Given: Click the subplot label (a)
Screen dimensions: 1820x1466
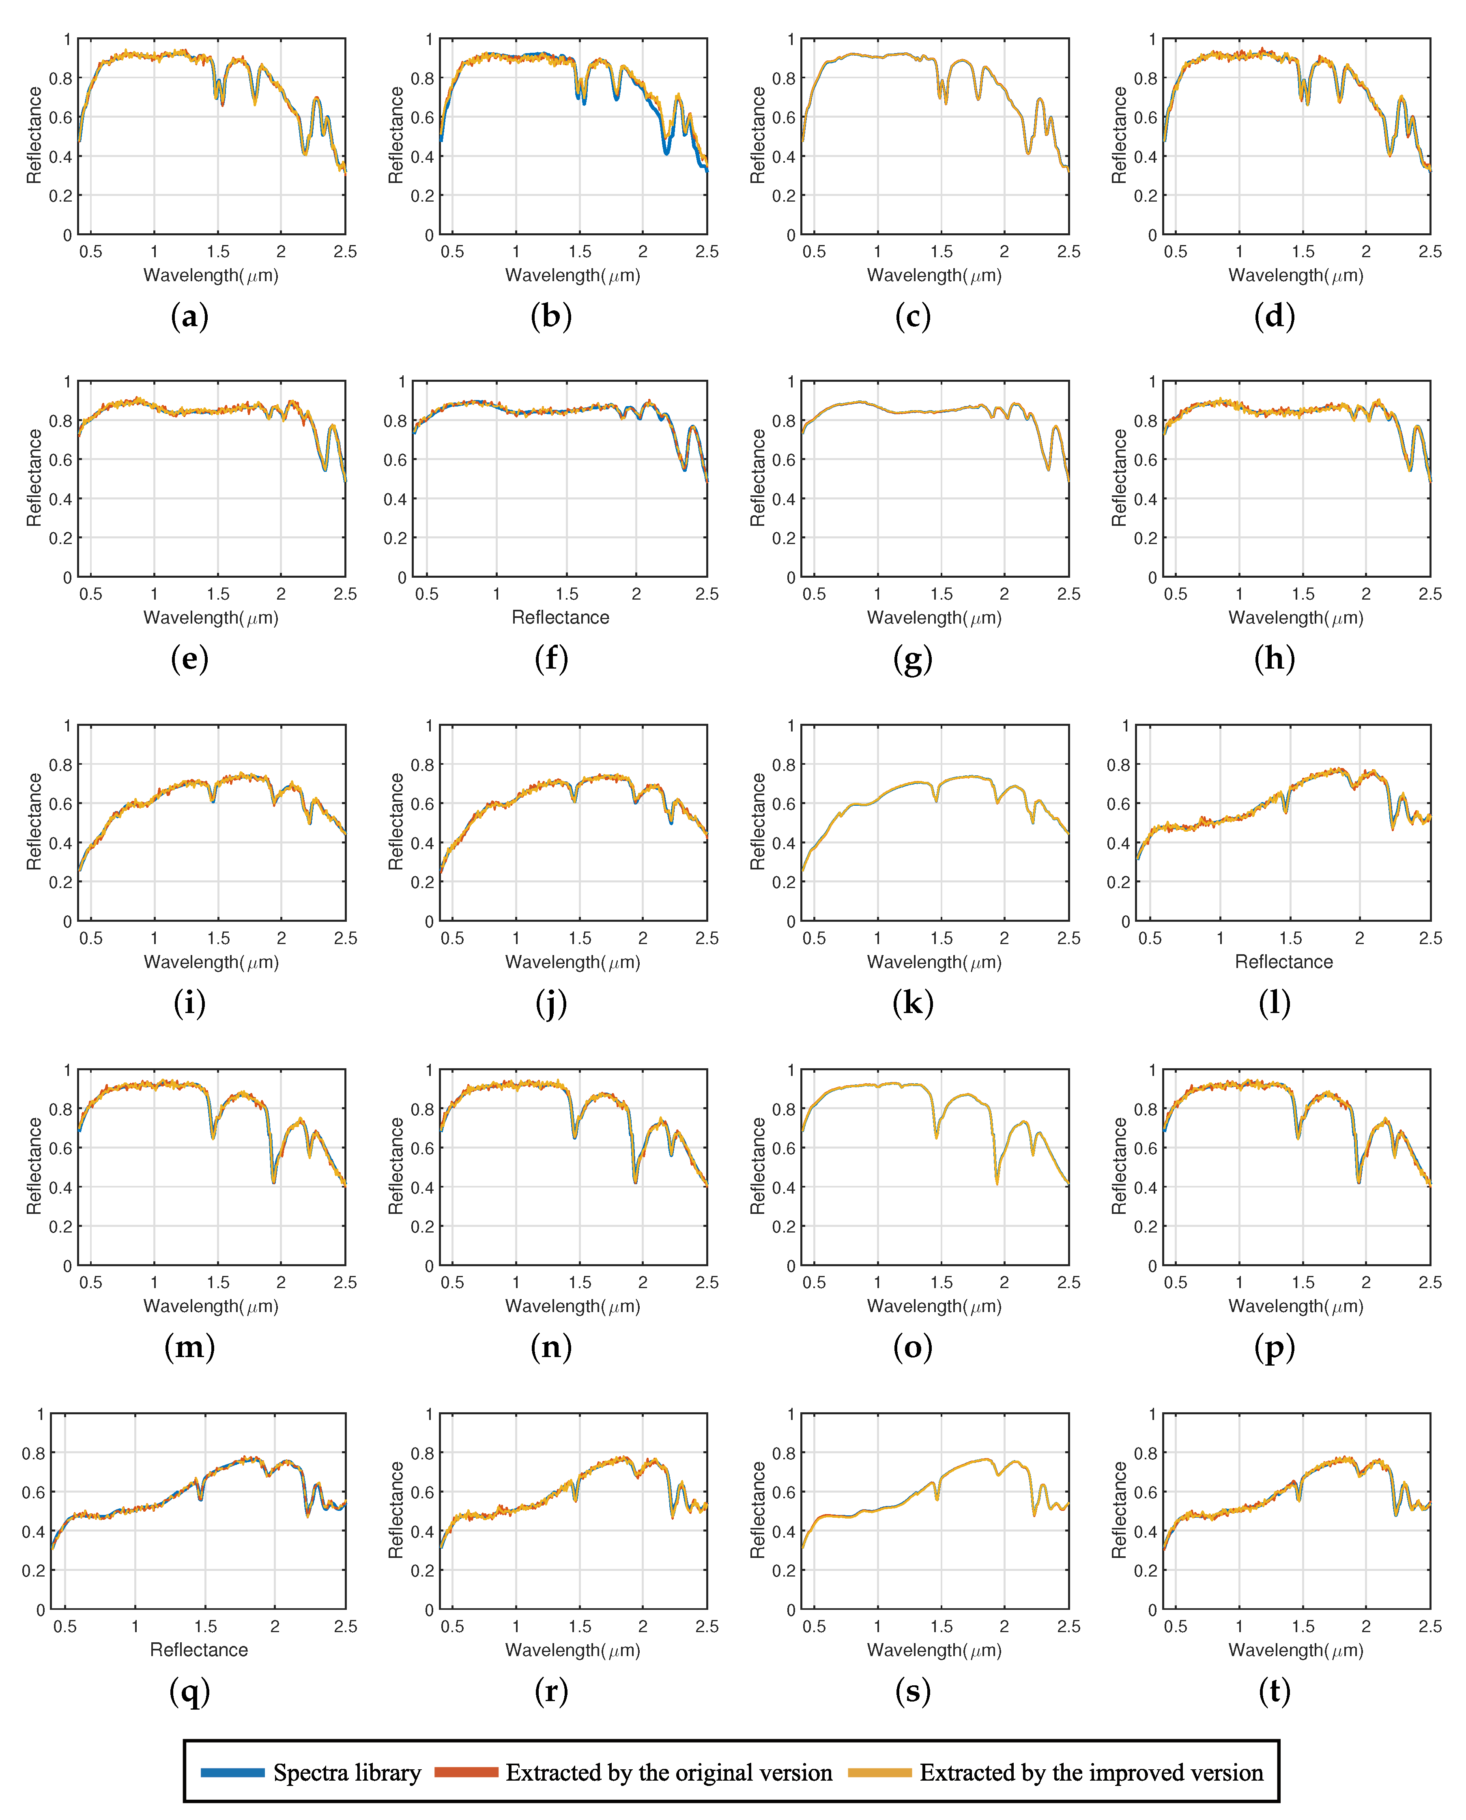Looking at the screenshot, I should click(x=189, y=317).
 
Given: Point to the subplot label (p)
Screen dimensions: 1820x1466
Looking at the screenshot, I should click(x=1274, y=1347).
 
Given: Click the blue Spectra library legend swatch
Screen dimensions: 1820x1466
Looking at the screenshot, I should click(x=232, y=1772).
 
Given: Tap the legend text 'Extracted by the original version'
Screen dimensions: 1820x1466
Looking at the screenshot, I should click(x=669, y=1772).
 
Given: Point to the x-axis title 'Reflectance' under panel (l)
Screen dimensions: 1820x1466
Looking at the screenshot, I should click(x=1283, y=962).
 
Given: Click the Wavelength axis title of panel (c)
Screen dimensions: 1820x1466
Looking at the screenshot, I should click(x=934, y=275).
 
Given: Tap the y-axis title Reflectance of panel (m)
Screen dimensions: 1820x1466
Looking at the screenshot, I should click(x=34, y=1166).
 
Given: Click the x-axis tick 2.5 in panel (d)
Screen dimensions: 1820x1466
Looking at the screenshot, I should click(x=1429, y=252).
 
